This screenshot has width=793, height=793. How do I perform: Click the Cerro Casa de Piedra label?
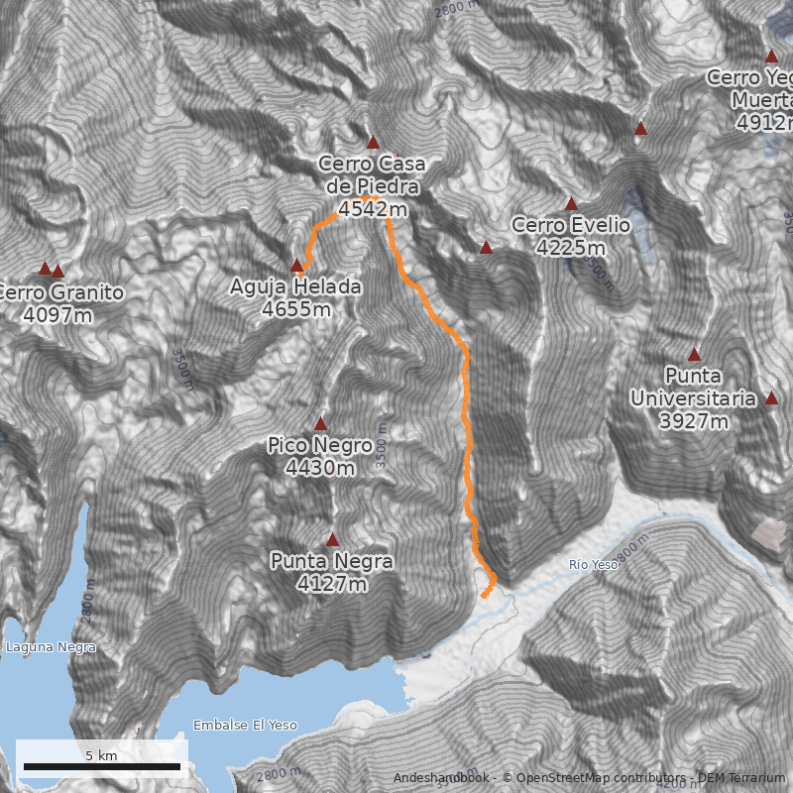coord(369,174)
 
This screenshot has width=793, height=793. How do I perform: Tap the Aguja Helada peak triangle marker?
coord(296,265)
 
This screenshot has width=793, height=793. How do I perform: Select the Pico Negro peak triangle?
coord(320,423)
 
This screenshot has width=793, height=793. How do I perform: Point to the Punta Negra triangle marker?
coord(333,540)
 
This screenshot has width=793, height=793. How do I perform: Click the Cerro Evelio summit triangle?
coord(571,203)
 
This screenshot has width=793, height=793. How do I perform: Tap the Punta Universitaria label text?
coord(693,387)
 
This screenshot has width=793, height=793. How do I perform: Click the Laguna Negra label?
coord(51,647)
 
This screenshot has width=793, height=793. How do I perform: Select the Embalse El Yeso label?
coord(245,725)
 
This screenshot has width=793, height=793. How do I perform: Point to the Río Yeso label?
coord(593,564)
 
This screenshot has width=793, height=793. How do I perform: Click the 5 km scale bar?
coord(102,766)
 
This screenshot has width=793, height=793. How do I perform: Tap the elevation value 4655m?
coord(296,309)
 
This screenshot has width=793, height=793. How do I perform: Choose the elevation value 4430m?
coord(319,468)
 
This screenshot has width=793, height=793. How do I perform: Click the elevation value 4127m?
coord(332,585)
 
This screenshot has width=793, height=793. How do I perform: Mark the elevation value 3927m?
coord(693,421)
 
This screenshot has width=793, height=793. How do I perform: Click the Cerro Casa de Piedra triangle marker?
coord(373,142)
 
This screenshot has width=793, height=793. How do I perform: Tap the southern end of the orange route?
coord(483,596)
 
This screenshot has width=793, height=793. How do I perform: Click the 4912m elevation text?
coord(765,123)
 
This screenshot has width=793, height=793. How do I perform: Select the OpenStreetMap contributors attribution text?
coord(595,777)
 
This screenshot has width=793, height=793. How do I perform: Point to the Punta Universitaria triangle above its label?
coord(694,355)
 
